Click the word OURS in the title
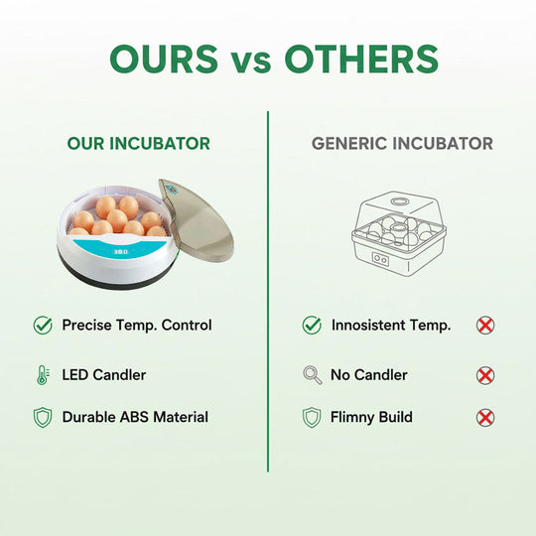164,59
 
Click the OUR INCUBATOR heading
139,144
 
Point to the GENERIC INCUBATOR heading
402,144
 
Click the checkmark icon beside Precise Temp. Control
43,325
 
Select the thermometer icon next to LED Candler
42,375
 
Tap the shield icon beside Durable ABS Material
43,418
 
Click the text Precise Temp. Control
137,325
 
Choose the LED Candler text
104,375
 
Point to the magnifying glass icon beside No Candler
312,375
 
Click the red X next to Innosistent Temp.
485,325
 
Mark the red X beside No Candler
485,375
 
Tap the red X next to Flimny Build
485,418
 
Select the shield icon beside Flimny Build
312,418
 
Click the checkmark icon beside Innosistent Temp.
312,325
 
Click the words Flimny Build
371,418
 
